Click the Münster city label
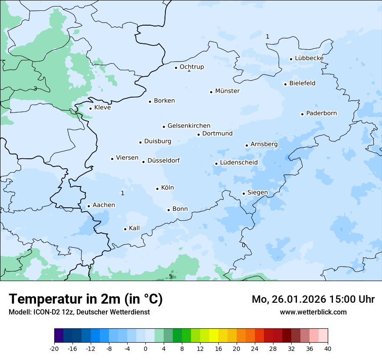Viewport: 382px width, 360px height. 227,91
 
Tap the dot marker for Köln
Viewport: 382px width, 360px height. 158,189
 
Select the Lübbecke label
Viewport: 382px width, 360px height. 309,58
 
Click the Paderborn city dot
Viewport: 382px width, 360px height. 302,114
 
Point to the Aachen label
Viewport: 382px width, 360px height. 104,205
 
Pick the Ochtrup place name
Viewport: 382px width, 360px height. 191,67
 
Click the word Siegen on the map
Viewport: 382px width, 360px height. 257,193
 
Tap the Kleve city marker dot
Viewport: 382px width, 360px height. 90,108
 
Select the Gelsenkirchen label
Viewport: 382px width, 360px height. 189,126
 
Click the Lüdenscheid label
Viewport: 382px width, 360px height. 239,163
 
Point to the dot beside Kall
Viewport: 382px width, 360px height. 125,229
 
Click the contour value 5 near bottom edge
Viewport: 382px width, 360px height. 171,277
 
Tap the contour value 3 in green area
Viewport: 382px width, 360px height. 35,89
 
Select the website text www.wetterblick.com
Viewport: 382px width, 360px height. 313,312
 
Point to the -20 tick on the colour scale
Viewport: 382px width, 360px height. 54,349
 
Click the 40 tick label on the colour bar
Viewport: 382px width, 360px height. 328,349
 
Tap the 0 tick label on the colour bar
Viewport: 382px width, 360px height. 145,349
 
